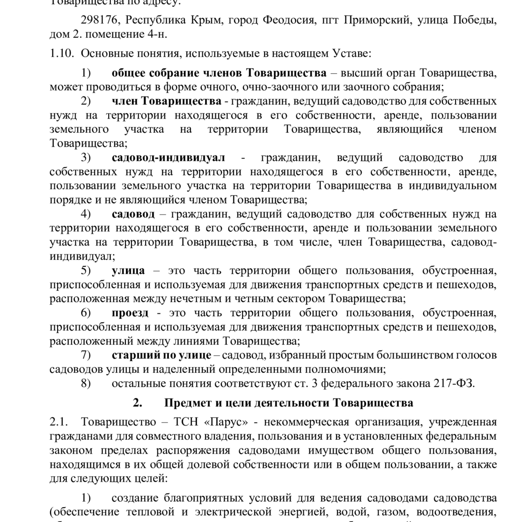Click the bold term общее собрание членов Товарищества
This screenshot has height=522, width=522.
pos(219,73)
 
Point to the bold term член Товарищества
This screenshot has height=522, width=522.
pos(166,101)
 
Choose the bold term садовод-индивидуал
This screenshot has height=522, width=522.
pos(168,158)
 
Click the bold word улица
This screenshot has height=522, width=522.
pos(128,271)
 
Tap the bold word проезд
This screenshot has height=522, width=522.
pos(130,313)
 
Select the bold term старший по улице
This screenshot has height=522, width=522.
pos(161,355)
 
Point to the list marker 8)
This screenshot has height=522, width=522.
pos(86,383)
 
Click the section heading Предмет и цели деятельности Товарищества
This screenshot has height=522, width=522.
pos(288,403)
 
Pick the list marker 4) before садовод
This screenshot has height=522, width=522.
pos(86,214)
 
